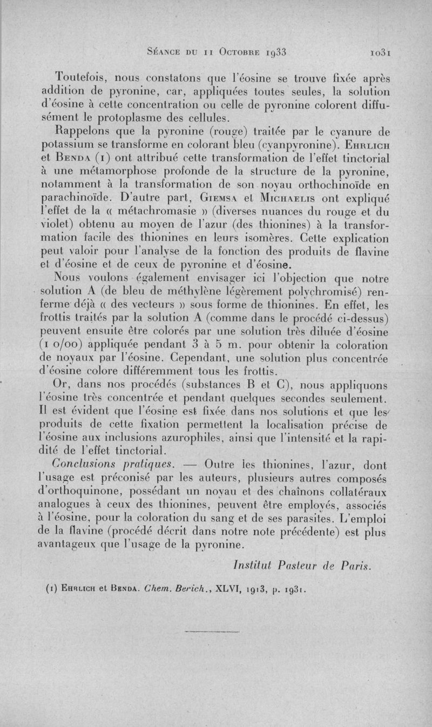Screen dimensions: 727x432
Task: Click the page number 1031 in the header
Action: [380, 52]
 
